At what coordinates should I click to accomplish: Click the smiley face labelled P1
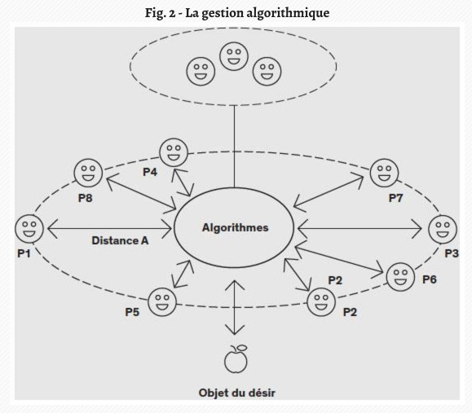point(29,229)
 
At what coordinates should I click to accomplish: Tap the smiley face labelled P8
point(88,173)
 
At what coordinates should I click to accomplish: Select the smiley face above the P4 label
point(174,152)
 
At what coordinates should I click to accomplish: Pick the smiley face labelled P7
point(384,173)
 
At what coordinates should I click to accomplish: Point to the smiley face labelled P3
point(443,229)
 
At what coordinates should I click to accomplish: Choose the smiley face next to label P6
point(400,277)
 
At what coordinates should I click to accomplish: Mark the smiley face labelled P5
point(162,301)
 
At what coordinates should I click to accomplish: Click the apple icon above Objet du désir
point(236,359)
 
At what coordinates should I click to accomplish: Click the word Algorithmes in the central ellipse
point(235,227)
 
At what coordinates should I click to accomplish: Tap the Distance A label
point(120,240)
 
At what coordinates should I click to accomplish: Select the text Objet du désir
point(237,393)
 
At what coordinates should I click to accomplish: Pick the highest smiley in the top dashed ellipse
point(234,56)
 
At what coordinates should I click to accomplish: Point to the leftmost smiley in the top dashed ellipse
point(201,72)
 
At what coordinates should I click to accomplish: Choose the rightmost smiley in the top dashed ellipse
point(267,72)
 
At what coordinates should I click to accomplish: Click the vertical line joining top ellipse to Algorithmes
point(234,147)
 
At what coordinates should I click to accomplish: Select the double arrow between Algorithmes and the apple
point(235,307)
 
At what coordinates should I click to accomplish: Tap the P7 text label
point(395,198)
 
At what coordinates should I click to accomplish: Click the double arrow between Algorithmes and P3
point(360,229)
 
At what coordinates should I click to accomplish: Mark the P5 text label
point(132,312)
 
